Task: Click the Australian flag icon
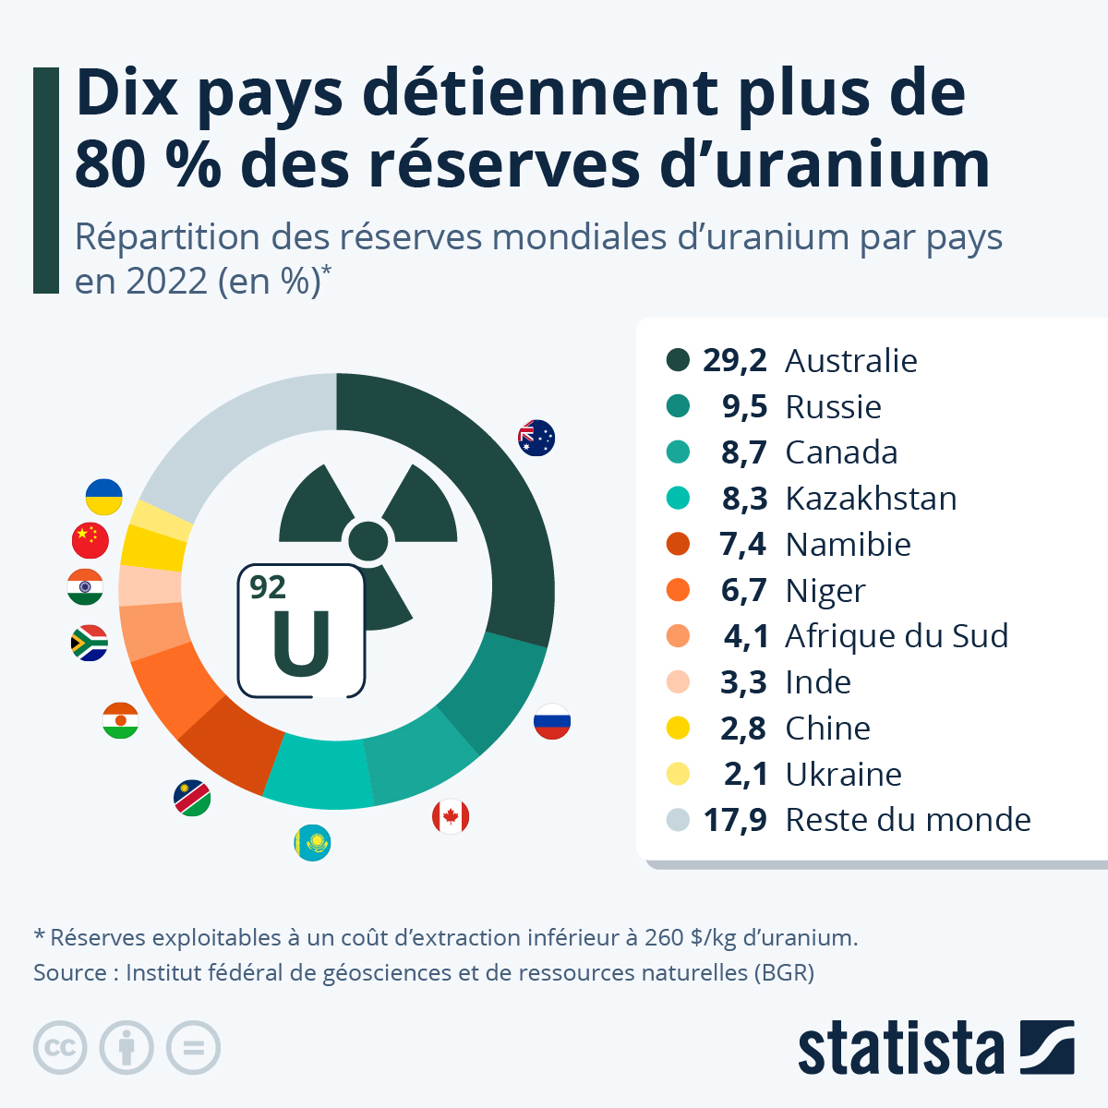coord(536,438)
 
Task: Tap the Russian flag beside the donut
coord(552,721)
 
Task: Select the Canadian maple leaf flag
coord(451,816)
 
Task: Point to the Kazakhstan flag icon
coord(312,842)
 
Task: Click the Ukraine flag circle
coord(103,497)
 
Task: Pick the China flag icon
coord(90,540)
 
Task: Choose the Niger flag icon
coord(120,720)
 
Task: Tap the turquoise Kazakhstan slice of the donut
coord(314,771)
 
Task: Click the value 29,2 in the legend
coord(734,360)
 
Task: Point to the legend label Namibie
coord(848,544)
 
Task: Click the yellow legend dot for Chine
coord(678,728)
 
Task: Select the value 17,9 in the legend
coord(734,819)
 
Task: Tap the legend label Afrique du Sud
coord(897,636)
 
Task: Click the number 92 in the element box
coord(268,587)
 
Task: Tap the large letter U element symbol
coord(301,644)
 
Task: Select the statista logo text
coord(900,1048)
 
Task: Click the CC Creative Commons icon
coord(60,1048)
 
